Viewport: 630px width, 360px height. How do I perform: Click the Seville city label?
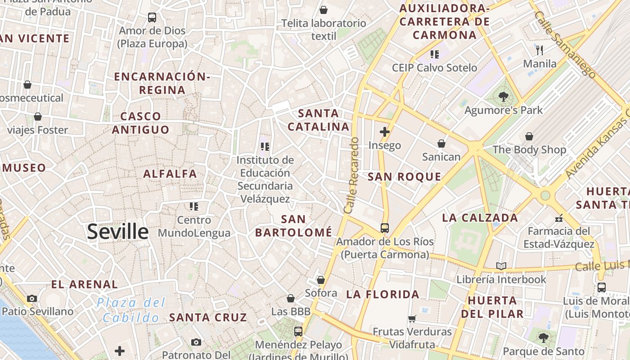click(117, 232)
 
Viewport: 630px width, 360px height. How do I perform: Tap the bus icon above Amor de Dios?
click(152, 18)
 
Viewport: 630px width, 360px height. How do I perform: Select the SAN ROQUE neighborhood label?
click(404, 176)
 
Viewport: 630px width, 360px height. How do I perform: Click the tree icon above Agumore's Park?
click(504, 96)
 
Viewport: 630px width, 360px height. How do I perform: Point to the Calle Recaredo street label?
click(351, 175)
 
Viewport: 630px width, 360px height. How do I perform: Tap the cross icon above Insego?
click(384, 132)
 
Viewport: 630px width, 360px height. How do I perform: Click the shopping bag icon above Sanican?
click(441, 144)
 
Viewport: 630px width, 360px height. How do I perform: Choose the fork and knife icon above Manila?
click(540, 50)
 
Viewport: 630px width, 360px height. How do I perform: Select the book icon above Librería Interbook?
click(501, 266)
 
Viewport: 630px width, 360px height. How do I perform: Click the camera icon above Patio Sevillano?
click(32, 298)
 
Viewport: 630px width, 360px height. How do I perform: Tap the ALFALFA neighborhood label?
click(170, 174)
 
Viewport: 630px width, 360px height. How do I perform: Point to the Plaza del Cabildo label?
click(131, 310)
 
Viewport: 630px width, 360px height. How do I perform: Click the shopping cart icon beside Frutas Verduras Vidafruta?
click(412, 319)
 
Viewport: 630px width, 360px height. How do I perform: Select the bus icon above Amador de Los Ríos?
click(384, 228)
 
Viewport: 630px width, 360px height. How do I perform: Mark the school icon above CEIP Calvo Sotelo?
click(434, 54)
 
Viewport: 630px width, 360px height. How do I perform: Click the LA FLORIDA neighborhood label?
click(382, 295)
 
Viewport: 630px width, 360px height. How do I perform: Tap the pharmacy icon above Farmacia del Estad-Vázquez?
click(559, 218)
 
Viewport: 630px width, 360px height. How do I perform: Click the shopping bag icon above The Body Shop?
click(529, 136)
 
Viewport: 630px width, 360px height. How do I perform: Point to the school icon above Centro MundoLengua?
click(194, 207)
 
